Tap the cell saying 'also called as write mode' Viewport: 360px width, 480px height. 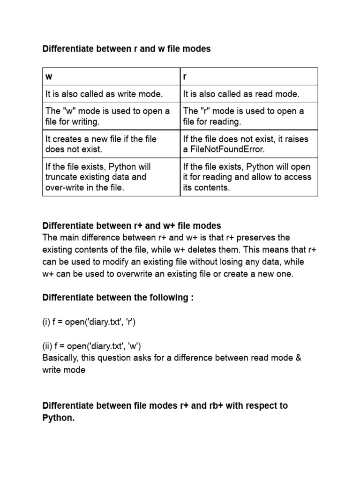pyautogui.click(x=104, y=94)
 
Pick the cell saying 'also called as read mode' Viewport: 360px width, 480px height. pyautogui.click(x=241, y=94)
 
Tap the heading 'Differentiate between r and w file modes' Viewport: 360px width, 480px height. pyautogui.click(x=127, y=49)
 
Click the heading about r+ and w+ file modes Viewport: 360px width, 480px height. pyautogui.click(x=132, y=226)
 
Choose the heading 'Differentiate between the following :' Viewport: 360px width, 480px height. pyautogui.click(x=118, y=298)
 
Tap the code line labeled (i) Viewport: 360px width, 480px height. pyautogui.click(x=89, y=322)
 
